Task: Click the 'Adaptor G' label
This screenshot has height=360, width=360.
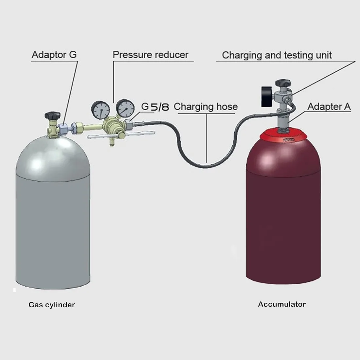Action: (x=54, y=55)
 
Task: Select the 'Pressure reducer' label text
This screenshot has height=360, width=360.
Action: (x=151, y=55)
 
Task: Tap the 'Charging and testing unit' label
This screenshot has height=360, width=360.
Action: (x=277, y=55)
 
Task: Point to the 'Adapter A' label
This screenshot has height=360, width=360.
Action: (x=329, y=107)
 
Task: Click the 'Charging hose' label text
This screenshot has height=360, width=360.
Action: (x=206, y=107)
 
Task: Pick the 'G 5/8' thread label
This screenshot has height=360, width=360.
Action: (x=155, y=107)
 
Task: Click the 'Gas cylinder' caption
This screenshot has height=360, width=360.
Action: (x=52, y=305)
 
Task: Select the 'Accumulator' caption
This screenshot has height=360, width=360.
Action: (x=282, y=304)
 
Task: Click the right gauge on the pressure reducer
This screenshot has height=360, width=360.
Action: (x=125, y=108)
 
